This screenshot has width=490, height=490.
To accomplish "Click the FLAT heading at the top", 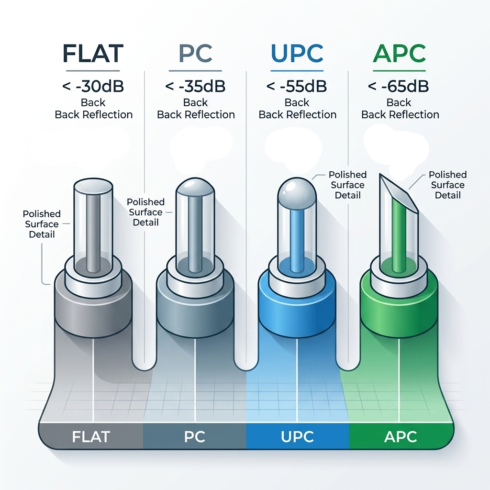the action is pos(93,53).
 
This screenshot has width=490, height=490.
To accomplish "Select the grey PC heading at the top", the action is pos(195,53).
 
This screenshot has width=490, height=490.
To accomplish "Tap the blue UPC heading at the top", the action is pos(297,53).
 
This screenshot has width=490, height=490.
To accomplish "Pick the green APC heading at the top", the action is pos(399,53).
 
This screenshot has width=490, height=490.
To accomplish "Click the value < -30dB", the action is pos(93,87).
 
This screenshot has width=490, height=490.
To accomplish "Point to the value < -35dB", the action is pos(195,87).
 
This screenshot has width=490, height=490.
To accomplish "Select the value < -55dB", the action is pos(297,87).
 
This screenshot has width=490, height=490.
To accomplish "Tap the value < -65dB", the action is pos(399,87).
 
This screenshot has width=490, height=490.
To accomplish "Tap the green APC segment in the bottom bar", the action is pos(400,436).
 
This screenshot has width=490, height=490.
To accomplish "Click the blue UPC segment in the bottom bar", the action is pos(297,436).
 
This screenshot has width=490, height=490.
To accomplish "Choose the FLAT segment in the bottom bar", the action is pos(91,436).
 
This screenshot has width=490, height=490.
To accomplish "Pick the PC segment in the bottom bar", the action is pos(195,436).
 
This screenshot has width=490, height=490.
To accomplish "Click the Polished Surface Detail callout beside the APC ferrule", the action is pos(447,185).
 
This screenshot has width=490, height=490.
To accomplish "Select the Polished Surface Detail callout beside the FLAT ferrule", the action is pos(42,224).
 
